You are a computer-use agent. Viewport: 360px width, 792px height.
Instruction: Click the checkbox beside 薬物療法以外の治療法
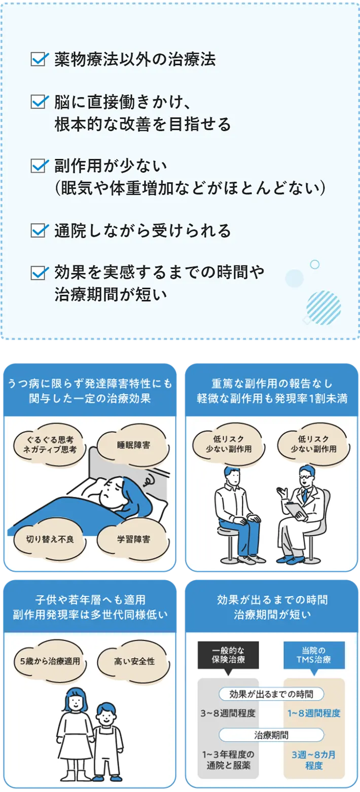pyautogui.click(x=39, y=59)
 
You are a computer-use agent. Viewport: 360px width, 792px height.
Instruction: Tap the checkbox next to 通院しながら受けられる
pyautogui.click(x=39, y=230)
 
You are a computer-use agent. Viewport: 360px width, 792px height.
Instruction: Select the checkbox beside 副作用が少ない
pyautogui.click(x=39, y=165)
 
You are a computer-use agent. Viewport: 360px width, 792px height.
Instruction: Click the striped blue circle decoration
pyautogui.click(x=323, y=308)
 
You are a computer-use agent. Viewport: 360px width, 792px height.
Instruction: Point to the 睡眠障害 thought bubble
pyautogui.click(x=133, y=445)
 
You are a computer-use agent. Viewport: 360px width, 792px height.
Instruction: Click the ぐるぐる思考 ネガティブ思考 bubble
pyautogui.click(x=50, y=445)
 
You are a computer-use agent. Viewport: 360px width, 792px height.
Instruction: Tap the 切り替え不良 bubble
pyautogui.click(x=50, y=539)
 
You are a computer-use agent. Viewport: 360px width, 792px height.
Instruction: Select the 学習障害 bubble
pyautogui.click(x=133, y=539)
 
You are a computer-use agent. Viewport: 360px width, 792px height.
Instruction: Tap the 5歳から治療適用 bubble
pyautogui.click(x=50, y=661)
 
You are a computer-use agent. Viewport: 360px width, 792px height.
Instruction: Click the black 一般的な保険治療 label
pyautogui.click(x=228, y=655)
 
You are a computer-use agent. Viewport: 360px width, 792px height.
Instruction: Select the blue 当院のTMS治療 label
pyautogui.click(x=314, y=655)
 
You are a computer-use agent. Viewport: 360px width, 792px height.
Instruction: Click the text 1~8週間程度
pyautogui.click(x=314, y=713)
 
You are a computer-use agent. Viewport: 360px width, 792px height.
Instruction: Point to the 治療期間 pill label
pyautogui.click(x=271, y=735)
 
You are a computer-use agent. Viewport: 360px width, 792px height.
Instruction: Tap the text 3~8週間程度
pyautogui.click(x=228, y=713)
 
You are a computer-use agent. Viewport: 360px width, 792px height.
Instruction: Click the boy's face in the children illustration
pyautogui.click(x=106, y=718)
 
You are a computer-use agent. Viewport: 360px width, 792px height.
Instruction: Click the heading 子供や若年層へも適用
pyautogui.click(x=90, y=600)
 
